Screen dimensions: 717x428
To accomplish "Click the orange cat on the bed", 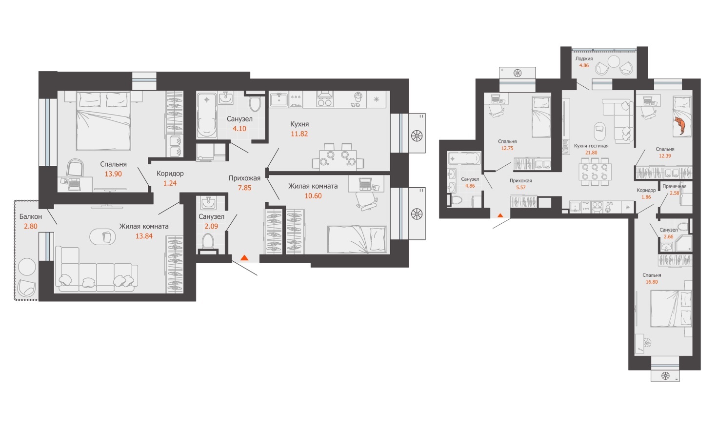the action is [679, 125].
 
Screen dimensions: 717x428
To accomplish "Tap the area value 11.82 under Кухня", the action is [299, 134].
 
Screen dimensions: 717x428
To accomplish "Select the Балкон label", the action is [31, 216].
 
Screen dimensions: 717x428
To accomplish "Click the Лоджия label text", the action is [584, 58].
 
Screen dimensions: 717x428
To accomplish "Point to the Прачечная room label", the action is [675, 186].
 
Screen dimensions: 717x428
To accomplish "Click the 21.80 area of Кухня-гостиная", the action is [591, 153].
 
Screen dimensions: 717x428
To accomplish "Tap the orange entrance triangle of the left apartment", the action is [244, 257].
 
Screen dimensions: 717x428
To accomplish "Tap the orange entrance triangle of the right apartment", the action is [500, 215].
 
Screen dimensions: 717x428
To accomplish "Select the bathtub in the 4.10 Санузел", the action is [207, 115].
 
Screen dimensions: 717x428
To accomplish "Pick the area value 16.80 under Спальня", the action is [652, 282].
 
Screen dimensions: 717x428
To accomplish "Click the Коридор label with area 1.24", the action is [170, 174].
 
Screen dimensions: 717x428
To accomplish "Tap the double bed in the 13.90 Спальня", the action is [103, 121].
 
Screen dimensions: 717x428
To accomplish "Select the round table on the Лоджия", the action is [614, 62].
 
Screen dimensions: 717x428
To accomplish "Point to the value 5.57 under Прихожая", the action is [521, 188].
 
